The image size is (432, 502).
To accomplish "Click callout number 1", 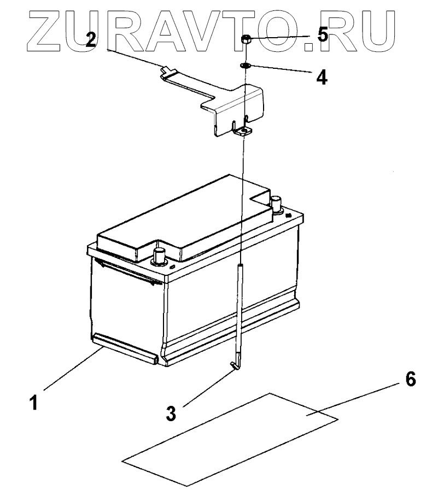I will pos(34,403).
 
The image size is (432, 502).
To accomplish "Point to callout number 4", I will pos(322,76).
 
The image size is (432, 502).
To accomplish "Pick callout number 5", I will pos(322,36).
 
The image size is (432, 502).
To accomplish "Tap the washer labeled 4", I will pos(245,66).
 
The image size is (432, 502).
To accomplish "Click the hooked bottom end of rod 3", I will pos(235,365).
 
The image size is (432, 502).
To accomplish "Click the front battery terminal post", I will pos(160,255).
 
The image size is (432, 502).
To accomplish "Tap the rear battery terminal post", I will pos(276,204).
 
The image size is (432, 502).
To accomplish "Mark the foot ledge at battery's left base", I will pos(125,349).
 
